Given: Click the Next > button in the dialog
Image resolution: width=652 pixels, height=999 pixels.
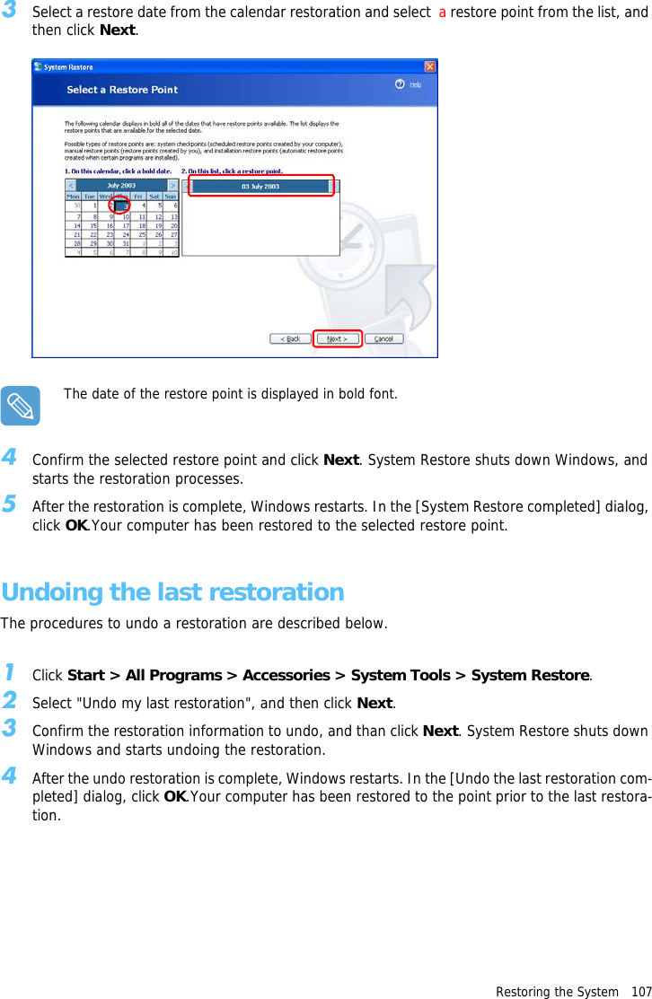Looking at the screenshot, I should pyautogui.click(x=337, y=338).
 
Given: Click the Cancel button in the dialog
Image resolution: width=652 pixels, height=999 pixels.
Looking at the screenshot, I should pyautogui.click(x=384, y=338).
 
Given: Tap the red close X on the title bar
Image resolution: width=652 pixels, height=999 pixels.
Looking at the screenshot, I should pyautogui.click(x=430, y=66).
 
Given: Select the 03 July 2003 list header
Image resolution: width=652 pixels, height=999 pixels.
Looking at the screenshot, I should pyautogui.click(x=260, y=186).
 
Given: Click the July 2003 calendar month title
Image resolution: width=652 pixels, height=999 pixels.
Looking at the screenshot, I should pyautogui.click(x=121, y=186).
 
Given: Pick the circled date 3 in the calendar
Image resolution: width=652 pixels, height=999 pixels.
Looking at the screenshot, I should pyautogui.click(x=120, y=206).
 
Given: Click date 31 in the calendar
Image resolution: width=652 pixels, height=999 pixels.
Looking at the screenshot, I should pyautogui.click(x=125, y=242).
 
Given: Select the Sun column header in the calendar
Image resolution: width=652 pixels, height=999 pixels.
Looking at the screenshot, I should pyautogui.click(x=171, y=196).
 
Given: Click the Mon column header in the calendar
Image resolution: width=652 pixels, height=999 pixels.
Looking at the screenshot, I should pyautogui.click(x=73, y=196).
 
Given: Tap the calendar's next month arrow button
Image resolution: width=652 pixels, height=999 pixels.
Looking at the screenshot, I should pyautogui.click(x=172, y=186).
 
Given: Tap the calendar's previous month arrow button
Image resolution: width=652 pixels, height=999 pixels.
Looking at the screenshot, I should pyautogui.click(x=71, y=186).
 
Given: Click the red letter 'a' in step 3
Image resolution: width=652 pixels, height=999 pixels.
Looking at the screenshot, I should pyautogui.click(x=442, y=13).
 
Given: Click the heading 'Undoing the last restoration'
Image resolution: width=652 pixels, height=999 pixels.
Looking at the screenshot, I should pyautogui.click(x=172, y=592).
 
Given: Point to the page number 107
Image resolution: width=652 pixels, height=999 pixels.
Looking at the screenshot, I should pyautogui.click(x=640, y=992).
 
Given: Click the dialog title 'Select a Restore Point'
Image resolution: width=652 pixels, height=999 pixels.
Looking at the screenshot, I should pyautogui.click(x=122, y=90).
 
